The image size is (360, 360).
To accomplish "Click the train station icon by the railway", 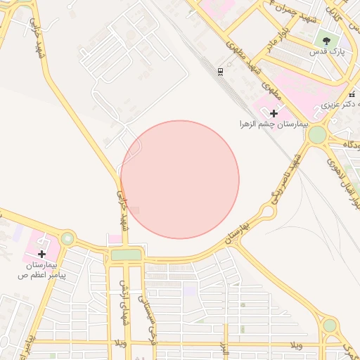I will [221, 71].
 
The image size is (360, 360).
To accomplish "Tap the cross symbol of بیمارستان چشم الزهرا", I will [274, 113].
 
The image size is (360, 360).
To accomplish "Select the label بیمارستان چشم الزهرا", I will [274, 124].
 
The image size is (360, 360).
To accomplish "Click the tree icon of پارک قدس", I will [326, 41].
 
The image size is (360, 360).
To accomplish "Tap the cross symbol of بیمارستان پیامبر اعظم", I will [42, 254].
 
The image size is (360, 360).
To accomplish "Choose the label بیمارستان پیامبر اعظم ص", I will [42, 270].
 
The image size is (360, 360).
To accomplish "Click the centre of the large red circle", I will [180, 179].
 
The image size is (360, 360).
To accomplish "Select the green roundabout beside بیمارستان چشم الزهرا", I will [317, 134].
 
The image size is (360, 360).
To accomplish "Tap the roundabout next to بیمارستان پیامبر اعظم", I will [67, 238].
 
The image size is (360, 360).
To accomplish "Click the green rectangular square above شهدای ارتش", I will [126, 255].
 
